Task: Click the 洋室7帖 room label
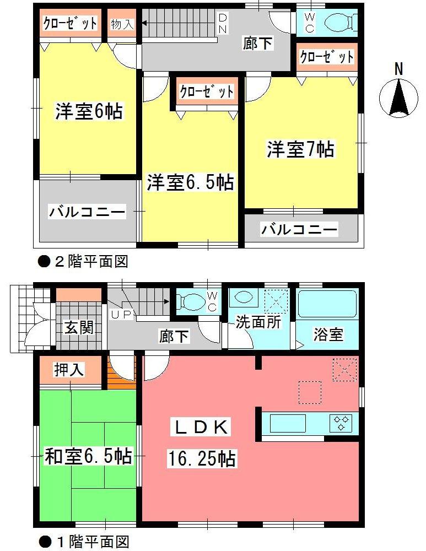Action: click(300, 149)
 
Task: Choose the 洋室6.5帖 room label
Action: click(190, 182)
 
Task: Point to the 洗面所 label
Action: click(258, 322)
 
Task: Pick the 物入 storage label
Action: click(121, 24)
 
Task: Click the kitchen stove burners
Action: click(341, 423)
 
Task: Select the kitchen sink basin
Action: click(287, 423)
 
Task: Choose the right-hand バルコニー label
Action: click(299, 229)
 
